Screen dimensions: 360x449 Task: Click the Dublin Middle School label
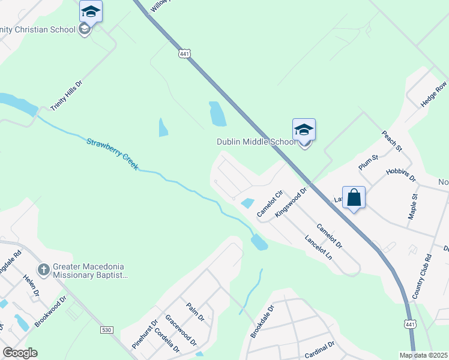coord(256,142)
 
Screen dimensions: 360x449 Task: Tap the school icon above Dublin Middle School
coord(304,130)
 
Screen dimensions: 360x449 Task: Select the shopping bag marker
coord(354,197)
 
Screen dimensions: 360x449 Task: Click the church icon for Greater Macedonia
coord(43,270)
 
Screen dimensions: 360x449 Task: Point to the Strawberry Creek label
coord(112,154)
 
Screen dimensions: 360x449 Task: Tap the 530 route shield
coord(106,330)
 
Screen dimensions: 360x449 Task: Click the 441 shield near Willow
coord(185,54)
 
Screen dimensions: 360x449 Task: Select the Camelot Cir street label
coord(269,204)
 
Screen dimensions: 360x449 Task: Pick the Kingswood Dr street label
coord(291,202)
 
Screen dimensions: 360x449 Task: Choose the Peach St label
coord(391,140)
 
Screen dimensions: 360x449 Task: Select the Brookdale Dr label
coord(262,322)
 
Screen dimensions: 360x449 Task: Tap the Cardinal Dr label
coord(319,350)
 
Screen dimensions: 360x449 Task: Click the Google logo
coord(20,353)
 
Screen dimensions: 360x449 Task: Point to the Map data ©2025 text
coord(423,355)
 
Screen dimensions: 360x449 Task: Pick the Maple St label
coord(412,206)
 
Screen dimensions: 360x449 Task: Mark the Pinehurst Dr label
coord(144,335)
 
